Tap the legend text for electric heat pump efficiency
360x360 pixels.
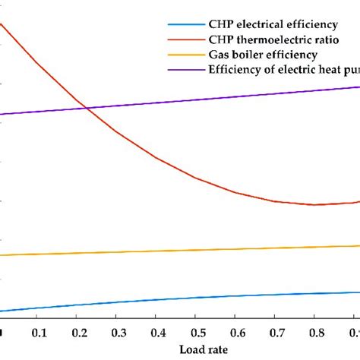click(283, 70)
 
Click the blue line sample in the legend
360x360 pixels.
click(187, 25)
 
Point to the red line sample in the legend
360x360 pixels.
click(187, 40)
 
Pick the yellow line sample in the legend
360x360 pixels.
click(187, 55)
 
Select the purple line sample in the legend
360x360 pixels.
click(187, 70)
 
